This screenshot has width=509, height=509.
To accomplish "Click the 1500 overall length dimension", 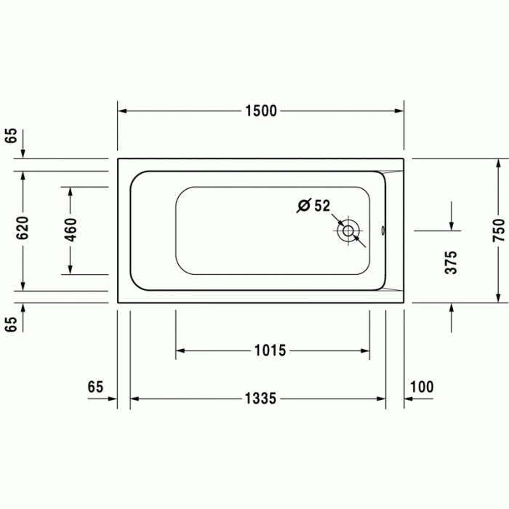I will (261, 111).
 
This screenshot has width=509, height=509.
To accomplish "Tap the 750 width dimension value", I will (498, 230).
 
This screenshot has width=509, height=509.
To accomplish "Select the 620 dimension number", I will (23, 229).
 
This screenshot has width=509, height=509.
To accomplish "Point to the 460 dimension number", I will (71, 230).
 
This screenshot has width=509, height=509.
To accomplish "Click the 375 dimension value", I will (452, 262).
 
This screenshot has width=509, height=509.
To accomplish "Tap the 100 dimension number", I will (422, 386).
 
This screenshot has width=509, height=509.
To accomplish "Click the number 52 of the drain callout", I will (322, 206).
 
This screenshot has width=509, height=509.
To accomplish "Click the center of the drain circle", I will (348, 232).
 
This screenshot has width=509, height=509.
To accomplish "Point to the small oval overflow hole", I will (384, 232).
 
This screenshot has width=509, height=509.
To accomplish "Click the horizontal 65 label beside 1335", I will (95, 386).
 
